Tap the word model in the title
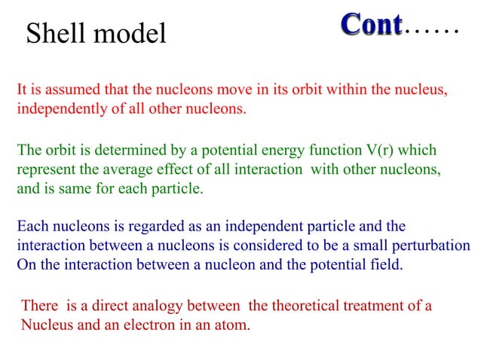129,33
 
